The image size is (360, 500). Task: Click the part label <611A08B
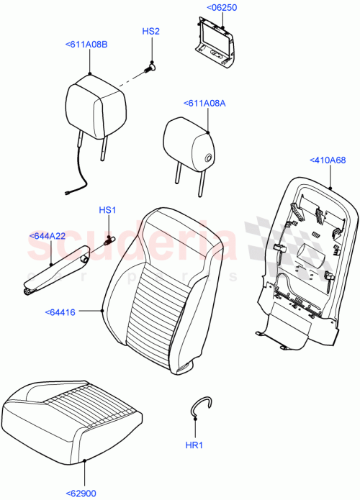click(89, 45)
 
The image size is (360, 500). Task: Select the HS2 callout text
click(150, 32)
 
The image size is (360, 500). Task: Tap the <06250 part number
click(222, 8)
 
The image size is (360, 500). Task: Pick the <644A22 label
click(48, 236)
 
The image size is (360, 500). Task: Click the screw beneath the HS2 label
click(151, 67)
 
